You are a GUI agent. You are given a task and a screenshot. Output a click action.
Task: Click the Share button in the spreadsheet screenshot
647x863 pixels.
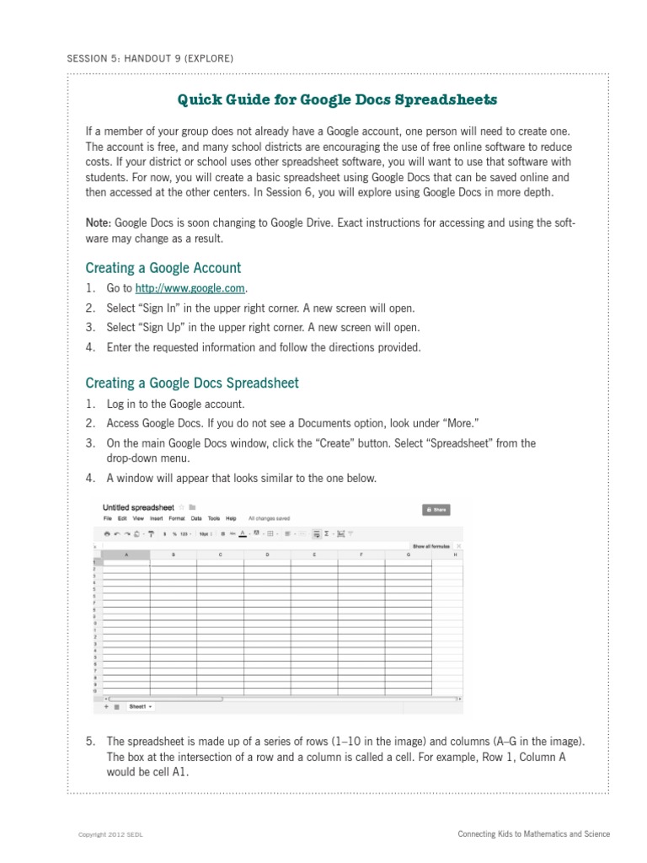pos(436,510)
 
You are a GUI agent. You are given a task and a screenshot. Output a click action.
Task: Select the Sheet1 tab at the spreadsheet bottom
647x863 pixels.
pos(139,706)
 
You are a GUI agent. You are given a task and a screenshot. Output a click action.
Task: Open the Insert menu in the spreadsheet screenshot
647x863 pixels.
pos(157,518)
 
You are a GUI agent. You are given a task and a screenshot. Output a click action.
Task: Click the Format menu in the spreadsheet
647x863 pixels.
pos(176,518)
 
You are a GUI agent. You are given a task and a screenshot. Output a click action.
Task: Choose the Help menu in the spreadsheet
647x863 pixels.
pos(231,518)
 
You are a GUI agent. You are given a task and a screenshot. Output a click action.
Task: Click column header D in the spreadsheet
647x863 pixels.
pos(267,555)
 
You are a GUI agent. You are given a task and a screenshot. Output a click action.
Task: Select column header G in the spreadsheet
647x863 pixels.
pos(409,555)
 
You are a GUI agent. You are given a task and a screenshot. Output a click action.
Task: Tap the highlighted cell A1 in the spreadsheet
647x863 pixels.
pos(126,562)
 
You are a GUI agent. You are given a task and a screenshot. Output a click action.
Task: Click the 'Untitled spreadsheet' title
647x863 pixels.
pos(138,507)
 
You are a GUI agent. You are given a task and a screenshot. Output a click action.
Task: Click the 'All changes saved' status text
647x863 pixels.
pos(269,518)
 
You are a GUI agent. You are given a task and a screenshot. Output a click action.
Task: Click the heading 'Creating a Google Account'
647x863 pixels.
pos(163,268)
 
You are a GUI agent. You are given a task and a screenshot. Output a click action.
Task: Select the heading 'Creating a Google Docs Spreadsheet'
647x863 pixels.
pos(192,383)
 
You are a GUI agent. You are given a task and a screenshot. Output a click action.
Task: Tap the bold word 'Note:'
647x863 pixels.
pos(99,223)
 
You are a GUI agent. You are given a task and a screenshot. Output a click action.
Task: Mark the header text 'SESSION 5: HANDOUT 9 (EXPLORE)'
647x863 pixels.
pos(149,58)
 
